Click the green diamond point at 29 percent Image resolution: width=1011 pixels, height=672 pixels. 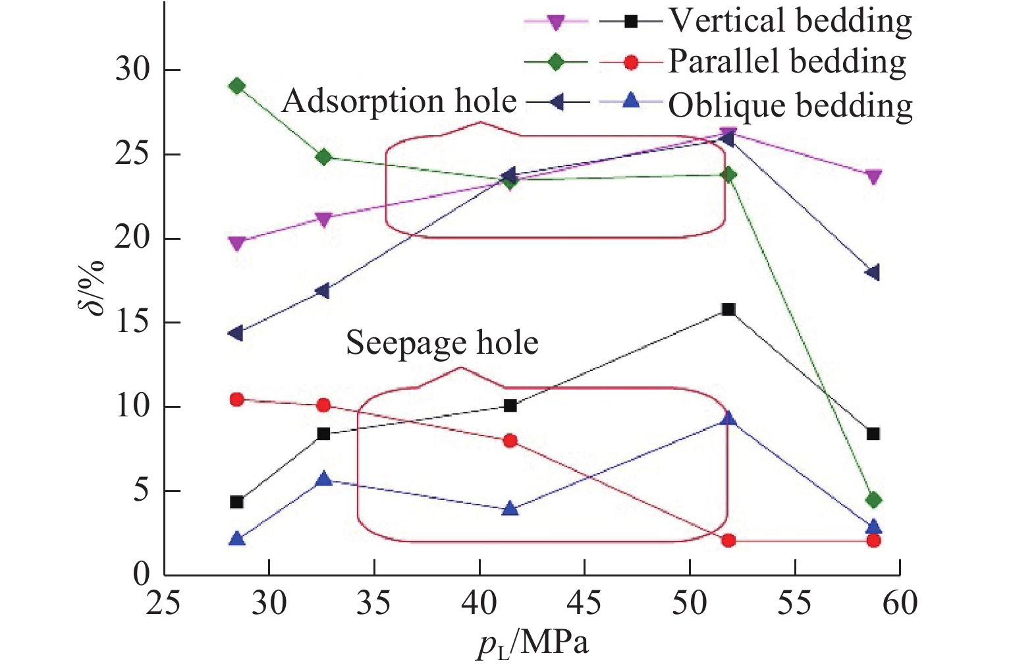tap(237, 86)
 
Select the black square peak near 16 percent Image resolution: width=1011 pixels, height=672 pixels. tap(728, 310)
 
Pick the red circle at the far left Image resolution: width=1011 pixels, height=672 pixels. tap(237, 399)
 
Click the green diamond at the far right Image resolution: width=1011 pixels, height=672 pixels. tap(873, 501)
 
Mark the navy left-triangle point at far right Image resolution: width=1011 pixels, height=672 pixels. tap(873, 273)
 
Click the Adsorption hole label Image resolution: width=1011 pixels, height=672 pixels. tap(399, 101)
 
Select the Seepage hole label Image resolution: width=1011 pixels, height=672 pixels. tap(442, 343)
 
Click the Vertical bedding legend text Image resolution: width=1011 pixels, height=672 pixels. tap(790, 21)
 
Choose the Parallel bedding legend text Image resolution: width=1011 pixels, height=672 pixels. tap(787, 62)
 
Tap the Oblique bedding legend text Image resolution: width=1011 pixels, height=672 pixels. tap(790, 105)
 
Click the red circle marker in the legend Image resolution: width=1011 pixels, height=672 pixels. tap(631, 63)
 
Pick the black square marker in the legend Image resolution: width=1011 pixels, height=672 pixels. tap(631, 21)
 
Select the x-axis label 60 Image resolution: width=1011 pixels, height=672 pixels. tap(900, 603)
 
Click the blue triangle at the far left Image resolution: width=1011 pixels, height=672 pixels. tap(237, 539)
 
